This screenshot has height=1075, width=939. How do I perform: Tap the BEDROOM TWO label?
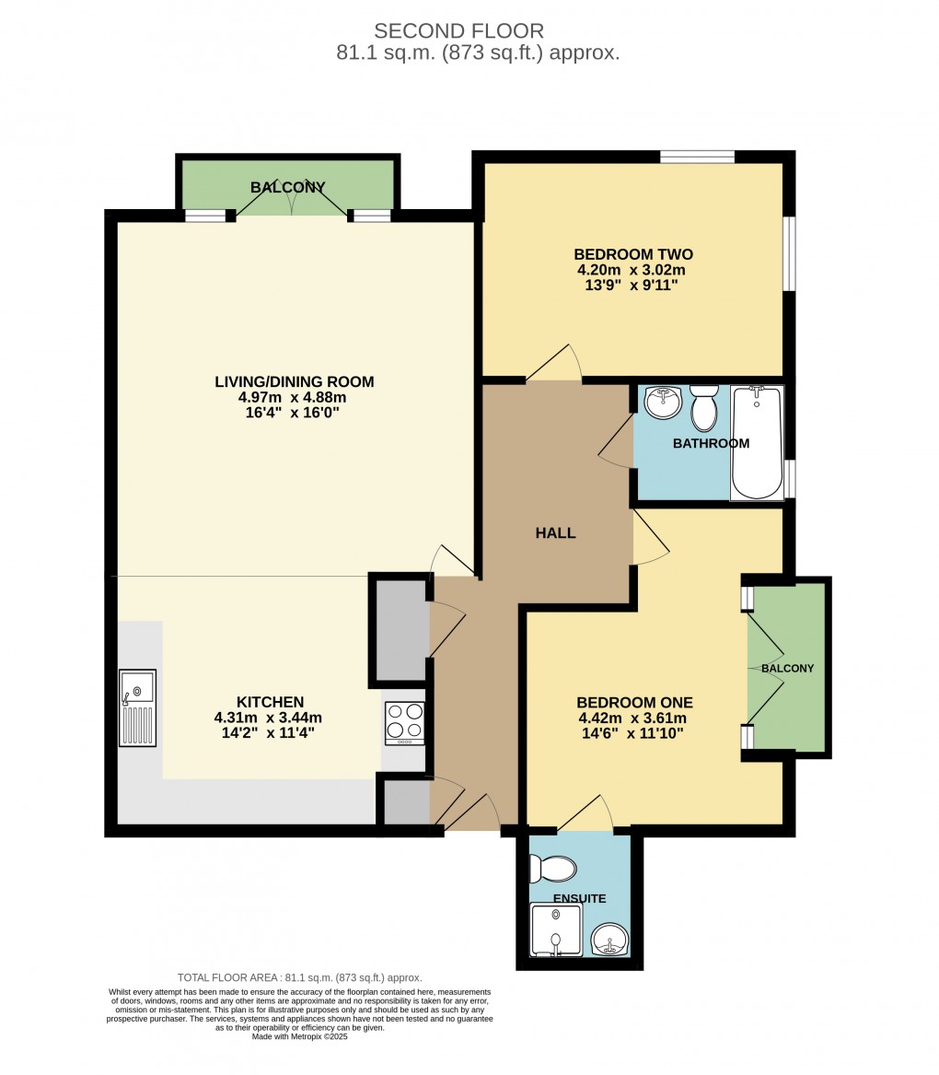632,254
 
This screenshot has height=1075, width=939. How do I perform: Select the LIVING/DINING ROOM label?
294,381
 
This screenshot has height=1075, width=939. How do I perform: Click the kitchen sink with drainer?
137,707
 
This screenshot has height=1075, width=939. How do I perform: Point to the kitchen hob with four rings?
404,722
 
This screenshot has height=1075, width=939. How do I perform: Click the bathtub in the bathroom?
756,443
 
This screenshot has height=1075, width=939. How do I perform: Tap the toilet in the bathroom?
704,408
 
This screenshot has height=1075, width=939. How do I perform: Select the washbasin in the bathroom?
662,402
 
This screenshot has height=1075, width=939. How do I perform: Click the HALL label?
556,532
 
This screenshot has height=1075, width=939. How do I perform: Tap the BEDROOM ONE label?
635,702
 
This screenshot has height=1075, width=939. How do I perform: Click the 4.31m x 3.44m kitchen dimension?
268,718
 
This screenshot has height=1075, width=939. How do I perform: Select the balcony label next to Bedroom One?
787,668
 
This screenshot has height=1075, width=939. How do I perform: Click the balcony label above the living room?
288,187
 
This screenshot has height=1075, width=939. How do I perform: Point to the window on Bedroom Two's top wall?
697,157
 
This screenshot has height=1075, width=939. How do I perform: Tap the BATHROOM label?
711,443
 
